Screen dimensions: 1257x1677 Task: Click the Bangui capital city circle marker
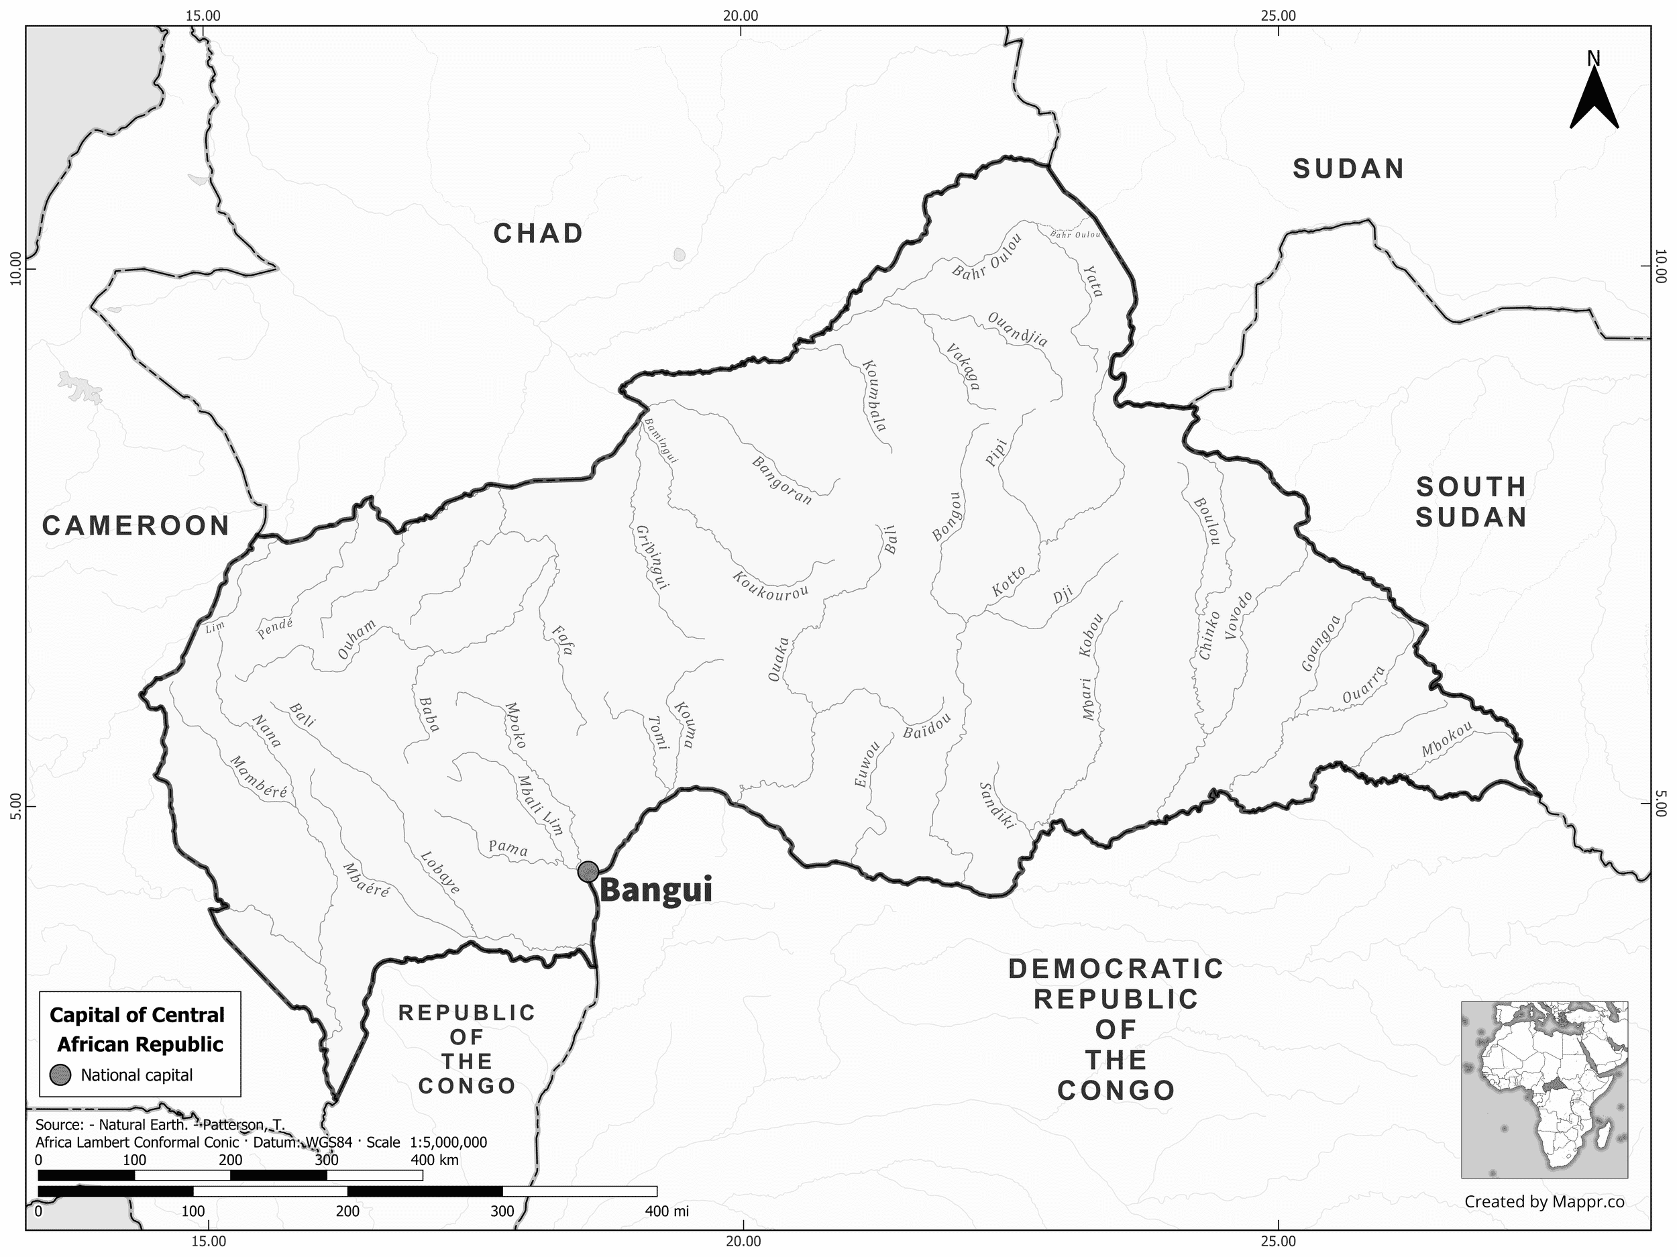pos(588,871)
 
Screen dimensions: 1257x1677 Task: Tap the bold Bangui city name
pos(657,891)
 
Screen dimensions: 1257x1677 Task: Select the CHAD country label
pos(538,233)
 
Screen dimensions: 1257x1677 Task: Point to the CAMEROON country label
pos(136,525)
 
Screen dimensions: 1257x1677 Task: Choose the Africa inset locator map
pos(1544,1089)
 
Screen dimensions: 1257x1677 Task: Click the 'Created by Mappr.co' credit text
pos(1544,1201)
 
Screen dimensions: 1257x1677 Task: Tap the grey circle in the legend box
pos(60,1075)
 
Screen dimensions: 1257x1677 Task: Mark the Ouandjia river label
pos(1018,330)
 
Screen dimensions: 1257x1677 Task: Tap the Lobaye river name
pos(441,873)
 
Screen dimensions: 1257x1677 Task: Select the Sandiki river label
pos(996,805)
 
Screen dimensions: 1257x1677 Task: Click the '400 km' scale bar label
pos(435,1160)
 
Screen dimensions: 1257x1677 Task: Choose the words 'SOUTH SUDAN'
pos(1471,502)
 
